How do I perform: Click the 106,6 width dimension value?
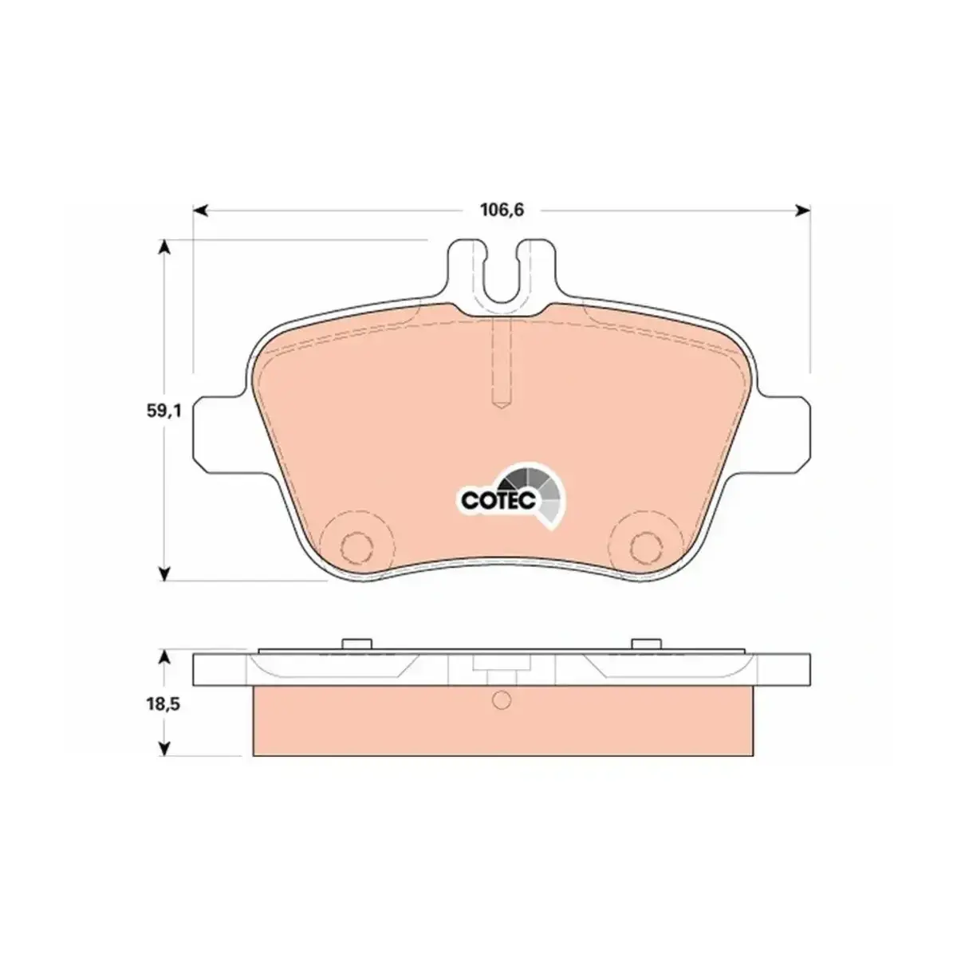click(502, 211)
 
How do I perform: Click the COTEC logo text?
click(498, 500)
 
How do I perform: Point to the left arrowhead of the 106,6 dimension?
click(199, 211)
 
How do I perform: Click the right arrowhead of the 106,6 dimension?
click(803, 211)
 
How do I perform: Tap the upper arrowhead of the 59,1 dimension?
click(164, 247)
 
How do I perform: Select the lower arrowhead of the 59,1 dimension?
click(164, 573)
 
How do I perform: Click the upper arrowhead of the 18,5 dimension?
click(164, 658)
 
